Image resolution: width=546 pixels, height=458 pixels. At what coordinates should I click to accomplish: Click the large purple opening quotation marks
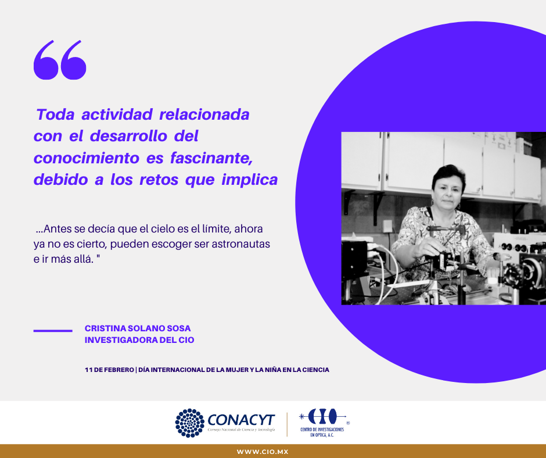[x=60, y=60]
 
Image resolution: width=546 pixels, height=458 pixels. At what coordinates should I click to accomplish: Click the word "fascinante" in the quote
[x=211, y=158]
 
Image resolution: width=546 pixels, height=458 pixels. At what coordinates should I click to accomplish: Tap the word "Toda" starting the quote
[x=55, y=114]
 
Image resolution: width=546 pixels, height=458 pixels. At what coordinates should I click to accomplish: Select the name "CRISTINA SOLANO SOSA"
[x=138, y=328]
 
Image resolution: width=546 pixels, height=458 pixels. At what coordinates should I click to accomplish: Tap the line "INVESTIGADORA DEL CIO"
[x=139, y=340]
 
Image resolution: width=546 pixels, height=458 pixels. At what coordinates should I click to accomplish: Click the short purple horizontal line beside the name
[x=53, y=331]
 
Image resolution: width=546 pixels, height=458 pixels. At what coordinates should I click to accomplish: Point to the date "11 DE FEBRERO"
[x=109, y=370]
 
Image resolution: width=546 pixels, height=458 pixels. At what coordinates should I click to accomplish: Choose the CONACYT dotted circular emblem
[x=190, y=423]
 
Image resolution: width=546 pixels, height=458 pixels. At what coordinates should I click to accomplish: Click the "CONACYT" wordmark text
[x=241, y=420]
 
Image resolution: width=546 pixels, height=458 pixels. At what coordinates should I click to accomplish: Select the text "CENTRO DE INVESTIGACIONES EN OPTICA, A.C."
[x=322, y=432]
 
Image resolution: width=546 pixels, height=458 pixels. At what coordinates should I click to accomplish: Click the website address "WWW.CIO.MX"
[x=263, y=452]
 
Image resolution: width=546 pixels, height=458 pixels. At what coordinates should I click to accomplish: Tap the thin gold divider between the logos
[x=288, y=424]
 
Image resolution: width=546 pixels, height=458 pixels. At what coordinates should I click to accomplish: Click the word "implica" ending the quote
[x=250, y=180]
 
